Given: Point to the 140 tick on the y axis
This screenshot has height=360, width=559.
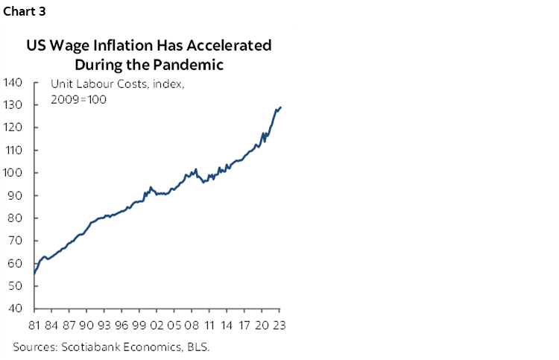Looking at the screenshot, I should tap(15, 82).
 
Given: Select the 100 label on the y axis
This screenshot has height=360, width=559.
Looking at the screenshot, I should tap(15, 173).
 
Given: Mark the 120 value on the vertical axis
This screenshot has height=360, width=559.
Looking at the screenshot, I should tap(15, 127).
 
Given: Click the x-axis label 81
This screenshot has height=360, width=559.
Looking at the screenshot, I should tap(34, 325).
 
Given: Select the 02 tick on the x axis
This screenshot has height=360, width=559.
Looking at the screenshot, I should tap(157, 325).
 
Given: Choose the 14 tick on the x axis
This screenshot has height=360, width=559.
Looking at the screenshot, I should tap(227, 325).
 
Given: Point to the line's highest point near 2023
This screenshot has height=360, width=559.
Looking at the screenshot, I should tap(280, 107).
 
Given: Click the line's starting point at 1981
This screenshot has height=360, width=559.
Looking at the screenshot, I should tap(34, 274).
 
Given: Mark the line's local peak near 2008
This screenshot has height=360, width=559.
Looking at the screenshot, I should tap(195, 169).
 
